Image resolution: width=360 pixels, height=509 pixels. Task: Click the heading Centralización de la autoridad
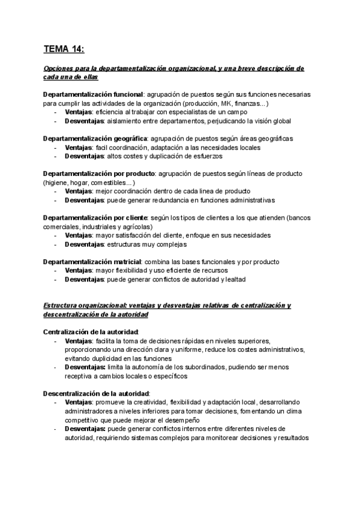point(91,332)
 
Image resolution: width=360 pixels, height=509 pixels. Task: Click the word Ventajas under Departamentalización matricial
point(79,270)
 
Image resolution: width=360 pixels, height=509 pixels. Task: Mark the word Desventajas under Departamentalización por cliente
point(84,244)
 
